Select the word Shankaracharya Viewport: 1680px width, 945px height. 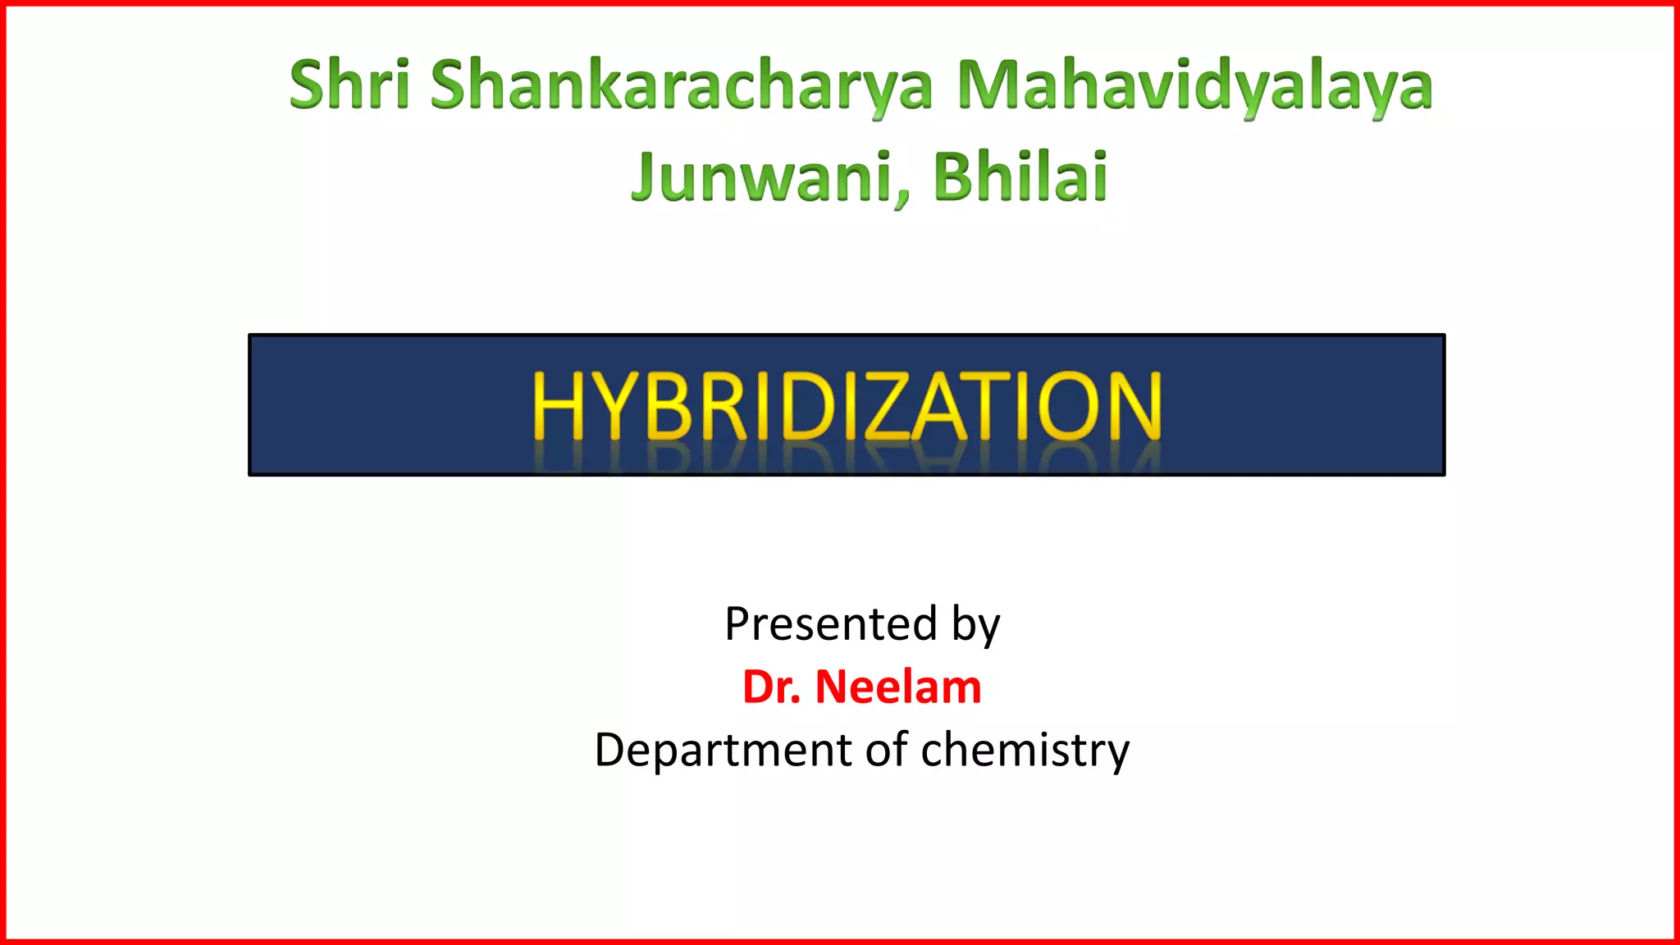pos(681,85)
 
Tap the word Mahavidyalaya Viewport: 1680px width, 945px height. pos(1194,85)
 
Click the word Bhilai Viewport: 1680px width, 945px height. pos(1020,176)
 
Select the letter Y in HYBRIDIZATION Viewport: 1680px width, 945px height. pos(614,405)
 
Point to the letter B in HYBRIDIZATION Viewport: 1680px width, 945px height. pos(669,405)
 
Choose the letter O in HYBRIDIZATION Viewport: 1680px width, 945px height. pos(1070,405)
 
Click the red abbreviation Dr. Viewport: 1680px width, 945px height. pos(771,687)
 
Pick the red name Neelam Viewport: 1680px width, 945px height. pos(897,687)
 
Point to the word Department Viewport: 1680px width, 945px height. pos(723,751)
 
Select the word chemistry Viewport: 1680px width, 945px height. pos(1025,751)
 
